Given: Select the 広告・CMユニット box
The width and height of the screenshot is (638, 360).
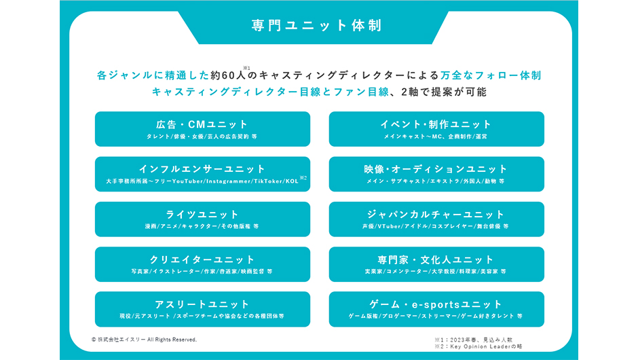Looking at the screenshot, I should pos(202,129).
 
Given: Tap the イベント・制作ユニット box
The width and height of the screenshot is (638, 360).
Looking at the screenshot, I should pos(436,129).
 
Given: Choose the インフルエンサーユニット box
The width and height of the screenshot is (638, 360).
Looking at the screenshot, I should pos(202,174).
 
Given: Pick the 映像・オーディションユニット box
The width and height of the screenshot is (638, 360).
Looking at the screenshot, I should pos(436,174).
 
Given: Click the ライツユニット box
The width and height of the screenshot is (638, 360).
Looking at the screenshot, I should pos(202,219).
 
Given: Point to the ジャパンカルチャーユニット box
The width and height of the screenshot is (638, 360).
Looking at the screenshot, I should pos(436,219).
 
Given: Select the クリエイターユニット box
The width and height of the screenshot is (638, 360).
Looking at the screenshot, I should pos(202,264).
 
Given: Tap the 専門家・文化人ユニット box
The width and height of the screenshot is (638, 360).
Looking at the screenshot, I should pos(436,264).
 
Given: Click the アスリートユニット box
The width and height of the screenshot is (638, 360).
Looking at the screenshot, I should pos(202,309).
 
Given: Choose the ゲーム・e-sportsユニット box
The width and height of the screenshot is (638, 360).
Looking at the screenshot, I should pos(436,309).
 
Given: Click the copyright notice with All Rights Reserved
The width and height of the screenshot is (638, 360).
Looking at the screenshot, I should pos(144,339).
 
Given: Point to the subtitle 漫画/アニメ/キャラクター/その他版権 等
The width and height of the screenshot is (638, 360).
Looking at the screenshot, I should pos(202,226).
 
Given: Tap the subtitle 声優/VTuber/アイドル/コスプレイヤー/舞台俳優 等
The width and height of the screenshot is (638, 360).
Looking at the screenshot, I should pos(436,226).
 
